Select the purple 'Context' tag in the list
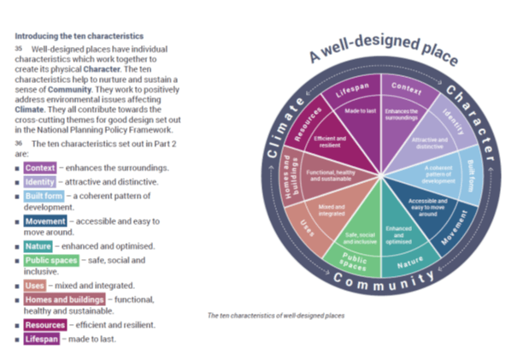pos(41,168)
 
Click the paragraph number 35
pos(18,50)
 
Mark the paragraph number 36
pos(18,144)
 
